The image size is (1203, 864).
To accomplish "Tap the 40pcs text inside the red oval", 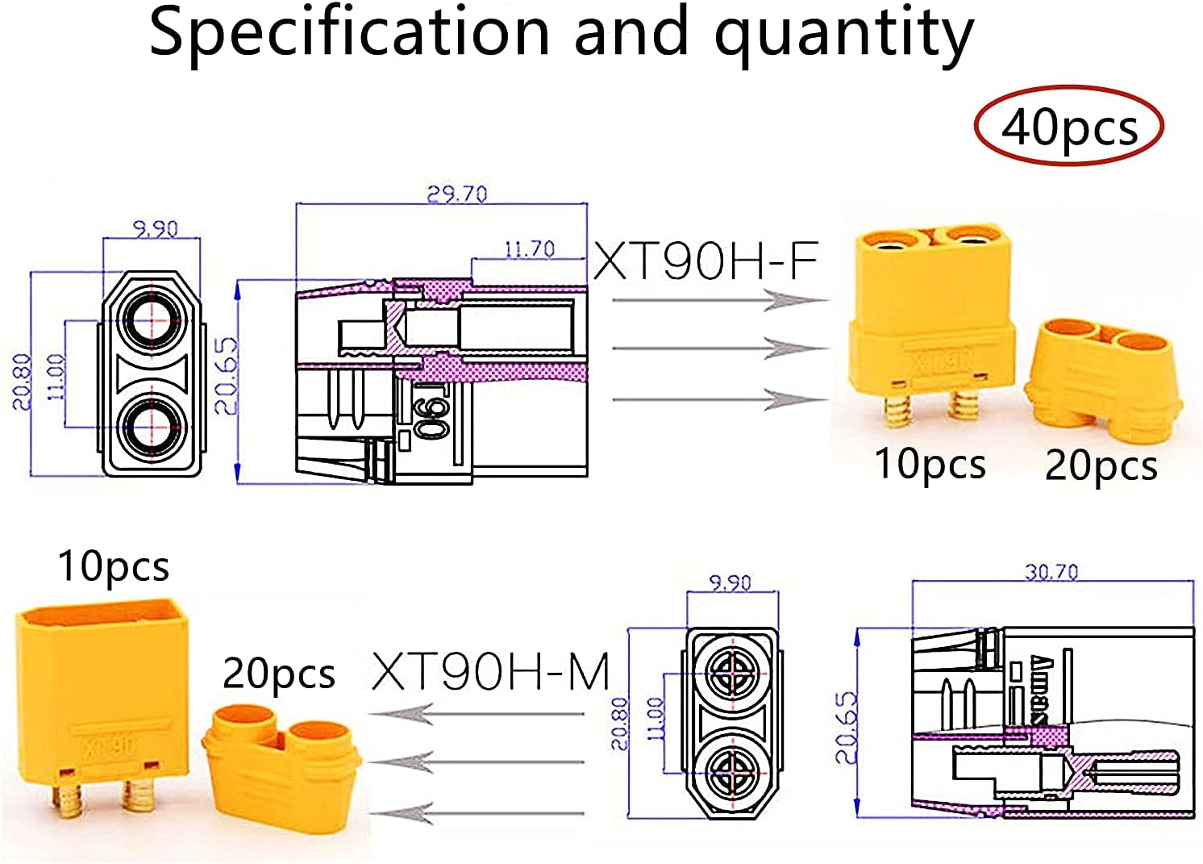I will (1069, 127).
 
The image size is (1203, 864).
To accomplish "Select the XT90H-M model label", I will (490, 671).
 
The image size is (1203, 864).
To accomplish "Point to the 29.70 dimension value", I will (457, 194).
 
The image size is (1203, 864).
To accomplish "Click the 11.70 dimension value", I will (529, 249).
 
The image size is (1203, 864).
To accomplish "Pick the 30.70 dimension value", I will (1051, 572).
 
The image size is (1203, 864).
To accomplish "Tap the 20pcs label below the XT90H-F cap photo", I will (1101, 465).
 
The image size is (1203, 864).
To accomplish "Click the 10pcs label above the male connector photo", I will (114, 566).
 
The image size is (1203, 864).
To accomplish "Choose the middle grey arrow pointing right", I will (720, 349).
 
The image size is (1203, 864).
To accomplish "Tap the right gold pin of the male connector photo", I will (138, 796).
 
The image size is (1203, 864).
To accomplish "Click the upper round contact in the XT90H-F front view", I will (151, 321).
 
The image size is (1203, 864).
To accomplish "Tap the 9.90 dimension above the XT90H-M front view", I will (730, 582).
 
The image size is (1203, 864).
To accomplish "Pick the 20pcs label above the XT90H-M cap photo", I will (278, 674).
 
